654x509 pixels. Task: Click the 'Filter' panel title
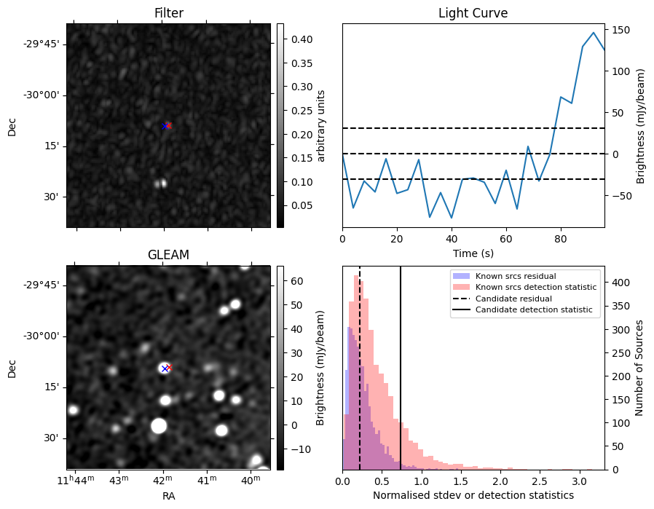coord(168,13)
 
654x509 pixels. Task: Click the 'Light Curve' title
coord(473,13)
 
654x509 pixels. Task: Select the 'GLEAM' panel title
coord(168,254)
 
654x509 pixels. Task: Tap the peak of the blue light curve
coord(594,33)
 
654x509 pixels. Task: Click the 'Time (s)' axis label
coord(473,251)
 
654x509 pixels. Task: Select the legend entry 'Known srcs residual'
coord(515,276)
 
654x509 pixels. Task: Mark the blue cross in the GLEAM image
coord(165,368)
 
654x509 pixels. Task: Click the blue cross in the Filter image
coord(165,126)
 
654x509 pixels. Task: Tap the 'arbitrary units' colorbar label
coord(321,125)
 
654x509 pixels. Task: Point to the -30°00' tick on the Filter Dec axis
coord(41,95)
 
